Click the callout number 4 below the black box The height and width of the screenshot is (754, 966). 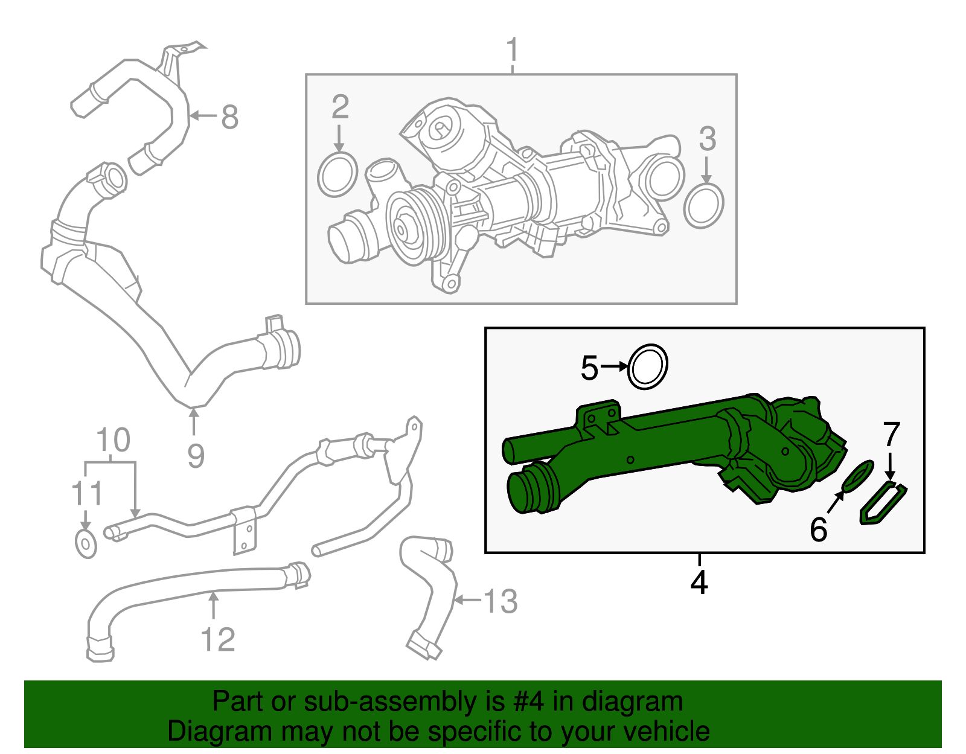tap(699, 582)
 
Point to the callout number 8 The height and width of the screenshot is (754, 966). tap(229, 117)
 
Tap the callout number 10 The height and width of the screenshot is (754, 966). tap(112, 440)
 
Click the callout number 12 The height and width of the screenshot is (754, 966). tap(217, 640)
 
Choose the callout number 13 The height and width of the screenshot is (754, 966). tap(501, 602)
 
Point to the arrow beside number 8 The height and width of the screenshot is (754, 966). tap(202, 116)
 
